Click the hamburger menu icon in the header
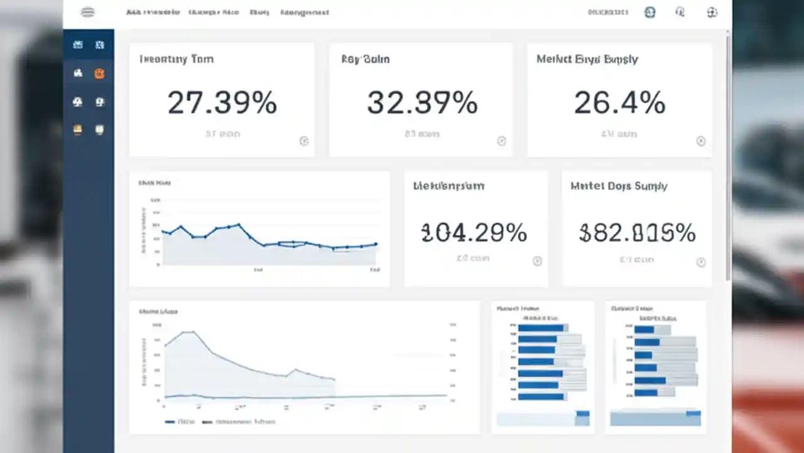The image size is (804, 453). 88,12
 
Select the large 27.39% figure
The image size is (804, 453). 222,103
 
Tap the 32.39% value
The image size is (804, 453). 422,103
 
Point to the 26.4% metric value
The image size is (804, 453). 619,103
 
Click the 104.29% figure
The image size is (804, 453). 474,233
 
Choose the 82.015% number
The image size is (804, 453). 637,233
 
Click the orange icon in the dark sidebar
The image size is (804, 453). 99,74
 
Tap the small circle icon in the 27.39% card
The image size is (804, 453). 304,141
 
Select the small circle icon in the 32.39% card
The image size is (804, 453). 501,141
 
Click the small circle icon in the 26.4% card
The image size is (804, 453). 701,141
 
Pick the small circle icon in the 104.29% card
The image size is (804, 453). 537,261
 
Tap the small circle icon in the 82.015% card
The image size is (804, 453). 701,262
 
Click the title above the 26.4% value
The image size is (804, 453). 587,59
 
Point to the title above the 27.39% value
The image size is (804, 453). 176,59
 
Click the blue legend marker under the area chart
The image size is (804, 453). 170,422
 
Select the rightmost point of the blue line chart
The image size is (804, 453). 376,244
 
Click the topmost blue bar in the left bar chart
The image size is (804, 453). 541,328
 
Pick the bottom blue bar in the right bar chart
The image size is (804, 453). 646,392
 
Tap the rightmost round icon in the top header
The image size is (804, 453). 712,12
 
